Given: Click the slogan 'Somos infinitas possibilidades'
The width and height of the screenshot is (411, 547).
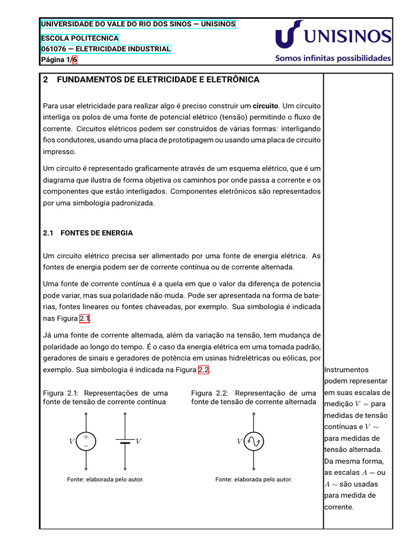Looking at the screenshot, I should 333,59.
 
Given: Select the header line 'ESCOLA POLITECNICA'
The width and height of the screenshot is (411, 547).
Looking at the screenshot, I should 80,38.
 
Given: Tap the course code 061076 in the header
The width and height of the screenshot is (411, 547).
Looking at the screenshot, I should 54,49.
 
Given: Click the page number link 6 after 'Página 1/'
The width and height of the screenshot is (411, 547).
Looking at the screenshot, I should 75,60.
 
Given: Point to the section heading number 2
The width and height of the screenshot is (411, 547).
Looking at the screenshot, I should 45,80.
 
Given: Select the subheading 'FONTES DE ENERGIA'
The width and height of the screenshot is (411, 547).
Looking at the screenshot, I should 97,233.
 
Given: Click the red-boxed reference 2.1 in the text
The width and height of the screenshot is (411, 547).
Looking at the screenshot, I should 85,319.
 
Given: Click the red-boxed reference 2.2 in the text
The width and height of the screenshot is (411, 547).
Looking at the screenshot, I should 203,370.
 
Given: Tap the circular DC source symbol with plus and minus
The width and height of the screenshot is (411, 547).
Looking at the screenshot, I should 86,441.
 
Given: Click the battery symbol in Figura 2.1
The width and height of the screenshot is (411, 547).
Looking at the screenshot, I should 125,441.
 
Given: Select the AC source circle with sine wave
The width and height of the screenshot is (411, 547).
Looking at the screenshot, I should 254,441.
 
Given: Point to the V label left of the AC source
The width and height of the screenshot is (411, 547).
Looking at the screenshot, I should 239,441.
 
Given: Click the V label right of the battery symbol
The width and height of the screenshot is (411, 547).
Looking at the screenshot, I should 138,441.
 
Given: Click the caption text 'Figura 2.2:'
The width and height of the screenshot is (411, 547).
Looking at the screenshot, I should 211,393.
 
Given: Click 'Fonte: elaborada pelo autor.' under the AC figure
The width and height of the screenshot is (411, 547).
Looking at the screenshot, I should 254,479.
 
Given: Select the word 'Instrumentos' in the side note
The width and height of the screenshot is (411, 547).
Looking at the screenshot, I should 346,370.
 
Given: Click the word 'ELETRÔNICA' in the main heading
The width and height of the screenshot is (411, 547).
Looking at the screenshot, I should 233,80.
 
